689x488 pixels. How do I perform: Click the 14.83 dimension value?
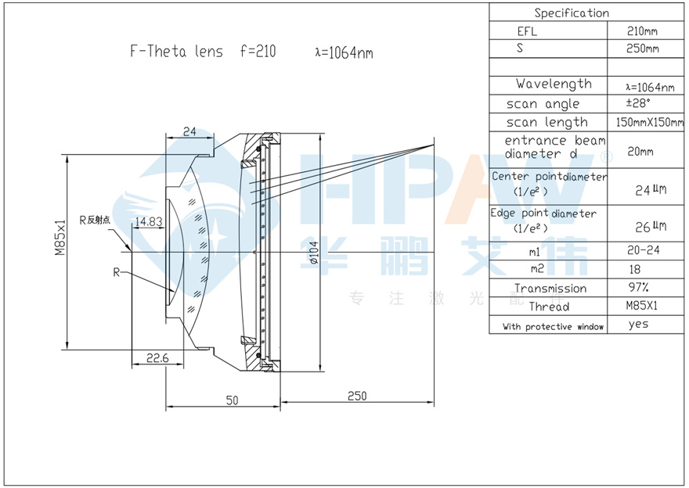(149, 221)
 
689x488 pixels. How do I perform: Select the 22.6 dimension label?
(157, 358)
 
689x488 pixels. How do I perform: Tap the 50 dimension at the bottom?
(232, 400)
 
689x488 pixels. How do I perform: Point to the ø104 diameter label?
(314, 253)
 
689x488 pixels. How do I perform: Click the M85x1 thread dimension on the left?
(60, 238)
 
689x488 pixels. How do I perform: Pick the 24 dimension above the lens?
(189, 131)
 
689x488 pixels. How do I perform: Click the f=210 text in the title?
(258, 52)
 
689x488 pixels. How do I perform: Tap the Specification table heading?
(572, 13)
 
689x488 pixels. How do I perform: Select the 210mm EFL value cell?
(642, 31)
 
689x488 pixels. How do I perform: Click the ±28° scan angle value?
(638, 103)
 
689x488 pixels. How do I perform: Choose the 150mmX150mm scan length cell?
(649, 122)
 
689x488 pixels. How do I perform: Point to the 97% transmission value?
(638, 287)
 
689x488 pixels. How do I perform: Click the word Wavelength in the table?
(554, 84)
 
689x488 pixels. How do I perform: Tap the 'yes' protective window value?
(638, 325)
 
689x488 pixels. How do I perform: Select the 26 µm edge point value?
(651, 227)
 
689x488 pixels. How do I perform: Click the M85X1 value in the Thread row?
(641, 306)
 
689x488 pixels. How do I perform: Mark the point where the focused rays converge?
(434, 145)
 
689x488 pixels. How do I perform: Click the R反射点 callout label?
(95, 220)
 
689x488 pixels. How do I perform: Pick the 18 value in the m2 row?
(635, 269)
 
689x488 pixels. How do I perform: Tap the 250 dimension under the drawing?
(357, 396)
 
